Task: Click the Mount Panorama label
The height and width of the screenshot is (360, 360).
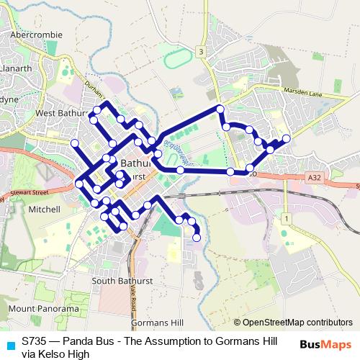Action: click(43, 308)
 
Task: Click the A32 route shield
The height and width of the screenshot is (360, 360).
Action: click(313, 176)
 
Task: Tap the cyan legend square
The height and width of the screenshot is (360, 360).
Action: click(11, 343)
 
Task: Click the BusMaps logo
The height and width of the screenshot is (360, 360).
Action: click(325, 345)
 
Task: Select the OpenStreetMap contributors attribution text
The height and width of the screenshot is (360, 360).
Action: click(292, 323)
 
